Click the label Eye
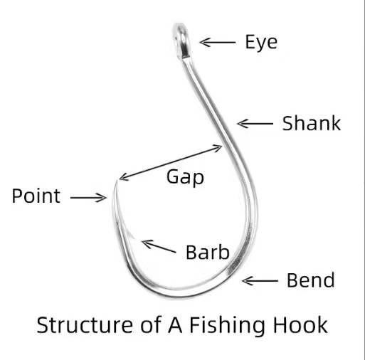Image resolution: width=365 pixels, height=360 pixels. tap(261, 42)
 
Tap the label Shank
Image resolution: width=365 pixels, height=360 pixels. tap(312, 123)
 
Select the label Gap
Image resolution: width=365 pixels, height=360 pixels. tap(185, 177)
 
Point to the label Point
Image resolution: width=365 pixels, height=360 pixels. tap(36, 196)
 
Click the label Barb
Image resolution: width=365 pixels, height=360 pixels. tap(208, 252)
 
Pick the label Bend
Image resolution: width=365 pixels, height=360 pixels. tap(311, 280)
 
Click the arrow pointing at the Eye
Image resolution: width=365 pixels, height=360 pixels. tap(218, 43)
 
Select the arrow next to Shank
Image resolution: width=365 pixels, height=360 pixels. tap(255, 124)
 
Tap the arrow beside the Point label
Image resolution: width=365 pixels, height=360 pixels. tap(88, 198)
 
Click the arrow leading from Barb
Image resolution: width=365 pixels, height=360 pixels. tap(159, 246)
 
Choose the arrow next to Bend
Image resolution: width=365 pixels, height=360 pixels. tap(260, 281)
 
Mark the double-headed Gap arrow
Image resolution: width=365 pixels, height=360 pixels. tap(171, 163)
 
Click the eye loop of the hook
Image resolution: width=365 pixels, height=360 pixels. tap(181, 41)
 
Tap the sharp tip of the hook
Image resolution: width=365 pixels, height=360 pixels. tap(117, 181)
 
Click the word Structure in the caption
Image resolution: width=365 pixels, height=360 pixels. tap(85, 325)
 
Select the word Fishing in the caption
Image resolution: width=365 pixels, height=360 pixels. tap(227, 325)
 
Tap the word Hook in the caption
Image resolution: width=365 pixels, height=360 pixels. tap(300, 324)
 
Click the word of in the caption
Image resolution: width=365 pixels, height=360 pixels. tap(151, 324)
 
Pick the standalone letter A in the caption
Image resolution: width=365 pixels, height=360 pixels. tap(175, 325)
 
